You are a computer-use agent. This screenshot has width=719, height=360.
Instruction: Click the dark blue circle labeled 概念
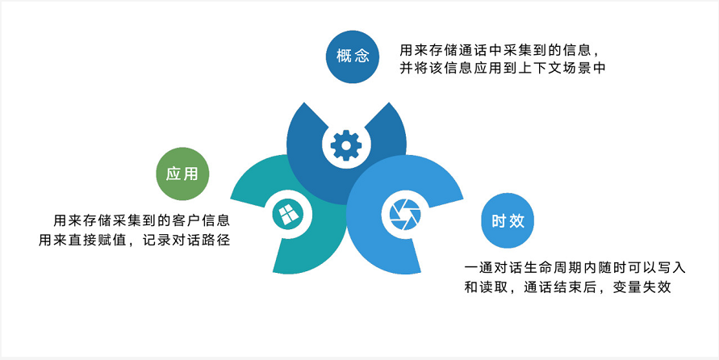(353, 57)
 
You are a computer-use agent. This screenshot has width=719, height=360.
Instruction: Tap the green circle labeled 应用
(182, 174)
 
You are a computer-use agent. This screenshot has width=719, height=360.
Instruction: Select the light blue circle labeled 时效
(508, 220)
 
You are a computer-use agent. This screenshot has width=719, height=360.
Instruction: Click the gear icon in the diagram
(346, 145)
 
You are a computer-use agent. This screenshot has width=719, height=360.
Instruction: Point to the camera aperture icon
(405, 214)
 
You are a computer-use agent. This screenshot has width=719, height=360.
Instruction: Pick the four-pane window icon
(288, 214)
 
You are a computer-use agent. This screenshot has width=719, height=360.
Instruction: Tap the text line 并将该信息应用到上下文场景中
(503, 68)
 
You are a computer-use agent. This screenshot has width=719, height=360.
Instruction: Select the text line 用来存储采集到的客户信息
(142, 220)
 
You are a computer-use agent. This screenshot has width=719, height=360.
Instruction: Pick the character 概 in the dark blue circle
(344, 57)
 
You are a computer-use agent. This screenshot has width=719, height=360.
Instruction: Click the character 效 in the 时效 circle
(516, 221)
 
